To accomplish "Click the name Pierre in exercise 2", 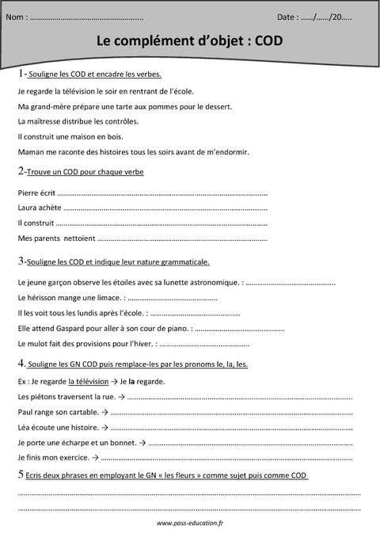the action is click(x=29, y=192).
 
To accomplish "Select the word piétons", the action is click(x=44, y=397).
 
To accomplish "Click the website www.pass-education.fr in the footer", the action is click(x=190, y=524).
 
